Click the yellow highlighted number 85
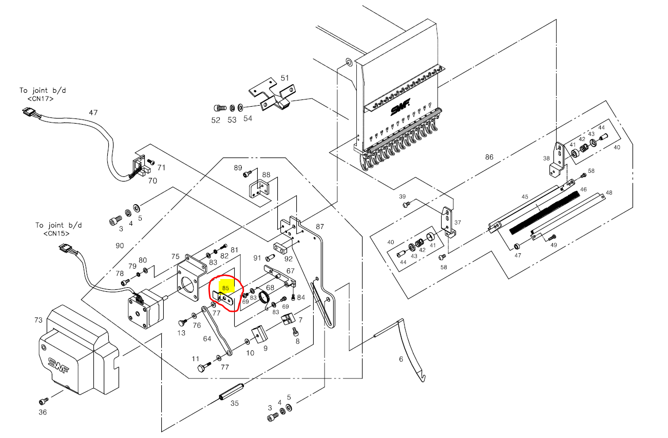pos(225,289)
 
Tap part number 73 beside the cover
pos(39,320)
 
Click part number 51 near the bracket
pos(284,78)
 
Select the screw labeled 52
pos(220,108)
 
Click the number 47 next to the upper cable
pos(93,112)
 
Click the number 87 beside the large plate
pos(320,226)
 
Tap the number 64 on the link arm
pos(207,339)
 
